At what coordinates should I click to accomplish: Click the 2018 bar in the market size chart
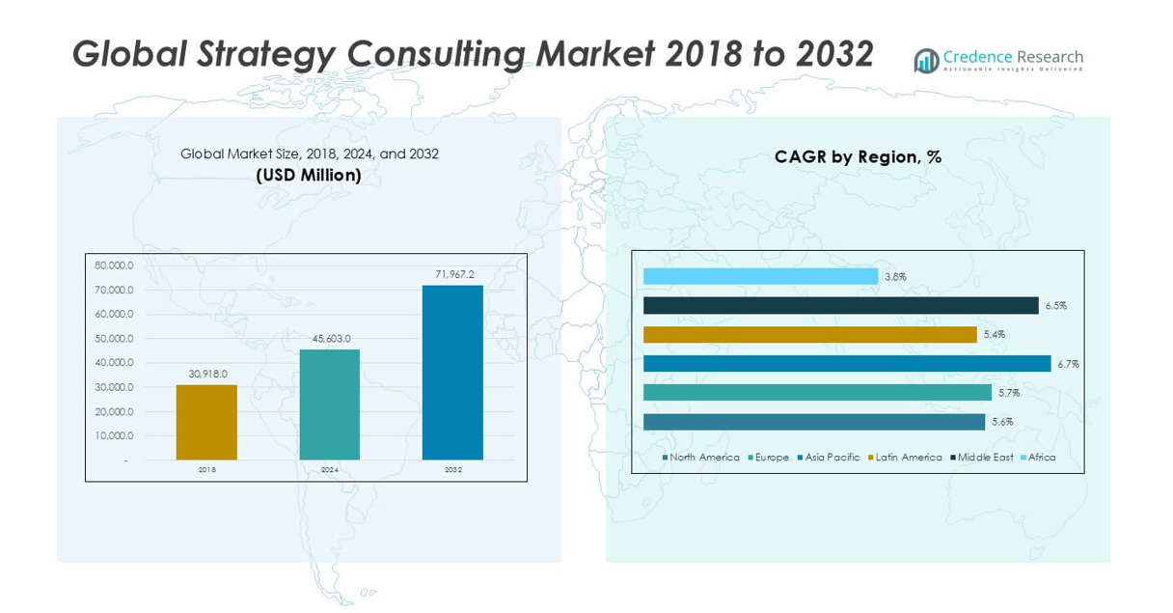tap(206, 422)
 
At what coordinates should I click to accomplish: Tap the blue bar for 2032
tap(453, 372)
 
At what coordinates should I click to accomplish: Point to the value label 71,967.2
tap(454, 275)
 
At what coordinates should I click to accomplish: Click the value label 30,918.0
tap(206, 375)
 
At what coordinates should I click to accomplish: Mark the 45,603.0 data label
tap(330, 339)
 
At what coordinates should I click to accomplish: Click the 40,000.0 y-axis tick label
tap(114, 363)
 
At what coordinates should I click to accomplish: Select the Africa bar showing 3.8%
tap(760, 276)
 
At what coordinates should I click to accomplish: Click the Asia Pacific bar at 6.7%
tap(847, 364)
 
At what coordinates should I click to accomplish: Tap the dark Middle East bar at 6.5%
tap(840, 305)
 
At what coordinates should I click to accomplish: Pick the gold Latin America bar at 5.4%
tap(809, 334)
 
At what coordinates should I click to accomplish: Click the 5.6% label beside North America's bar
tap(1002, 422)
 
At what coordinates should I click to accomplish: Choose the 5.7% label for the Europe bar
tap(1009, 393)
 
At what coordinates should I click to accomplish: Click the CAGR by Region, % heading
tap(858, 156)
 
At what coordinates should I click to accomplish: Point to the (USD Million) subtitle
tap(309, 175)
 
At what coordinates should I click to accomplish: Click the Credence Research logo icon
tap(926, 61)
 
